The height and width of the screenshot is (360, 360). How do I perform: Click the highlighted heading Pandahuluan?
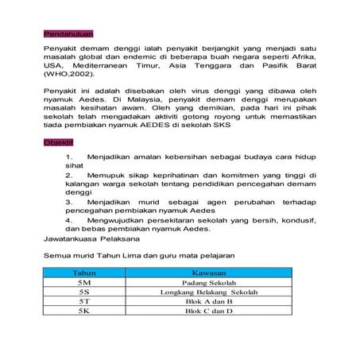click(67, 35)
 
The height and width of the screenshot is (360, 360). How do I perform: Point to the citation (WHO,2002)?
click(68, 74)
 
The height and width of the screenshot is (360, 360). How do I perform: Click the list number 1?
click(70, 158)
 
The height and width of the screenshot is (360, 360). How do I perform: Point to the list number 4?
click(70, 220)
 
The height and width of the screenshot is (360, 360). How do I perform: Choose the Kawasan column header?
click(206, 272)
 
